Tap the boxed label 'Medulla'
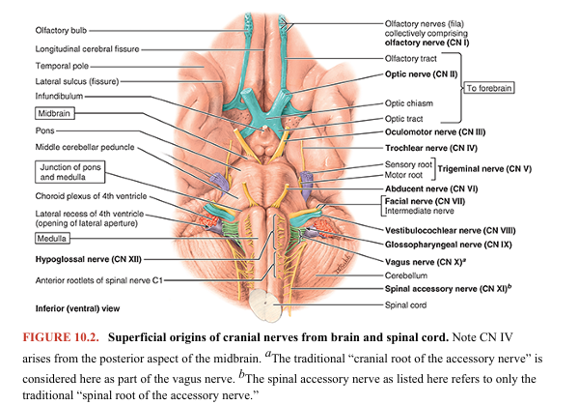[x=30, y=238]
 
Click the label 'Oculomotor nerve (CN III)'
[x=428, y=133]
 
